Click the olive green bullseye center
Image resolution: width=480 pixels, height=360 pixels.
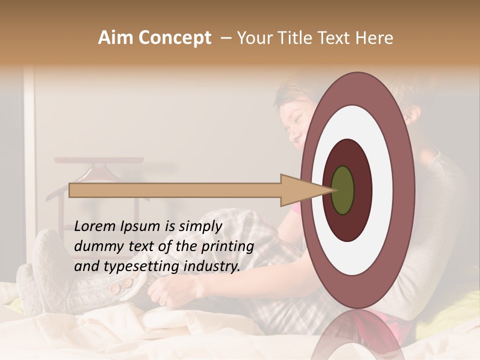342,190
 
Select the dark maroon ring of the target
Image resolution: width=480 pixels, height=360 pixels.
362,190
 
